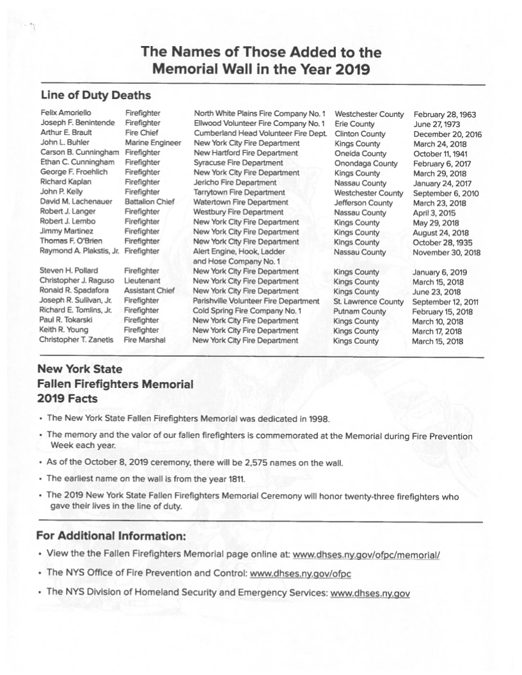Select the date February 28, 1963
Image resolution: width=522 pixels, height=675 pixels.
click(445, 114)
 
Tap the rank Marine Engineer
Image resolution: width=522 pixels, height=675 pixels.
click(153, 143)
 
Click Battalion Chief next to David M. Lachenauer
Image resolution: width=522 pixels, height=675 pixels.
click(150, 203)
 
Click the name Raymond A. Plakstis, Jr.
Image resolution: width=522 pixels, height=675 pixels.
click(79, 252)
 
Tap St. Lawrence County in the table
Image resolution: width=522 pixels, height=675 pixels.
click(368, 301)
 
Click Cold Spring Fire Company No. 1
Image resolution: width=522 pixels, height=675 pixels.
click(247, 311)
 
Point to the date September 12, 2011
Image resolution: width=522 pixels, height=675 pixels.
click(447, 301)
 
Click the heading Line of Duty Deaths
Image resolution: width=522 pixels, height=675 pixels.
click(95, 95)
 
